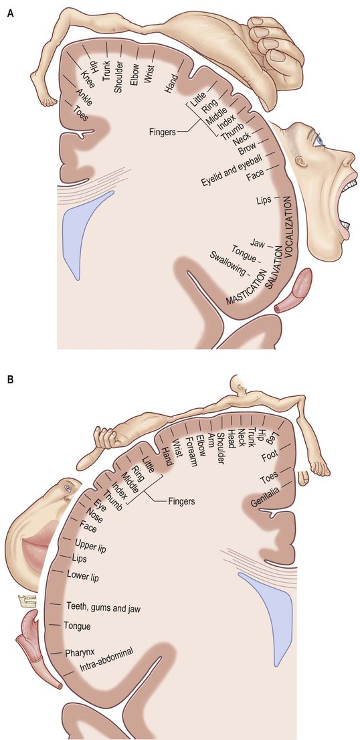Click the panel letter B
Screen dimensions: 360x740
(9, 379)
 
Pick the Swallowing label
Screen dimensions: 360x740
(228, 265)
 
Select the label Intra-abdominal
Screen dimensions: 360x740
(100, 657)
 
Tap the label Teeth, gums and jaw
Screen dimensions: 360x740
(104, 607)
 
